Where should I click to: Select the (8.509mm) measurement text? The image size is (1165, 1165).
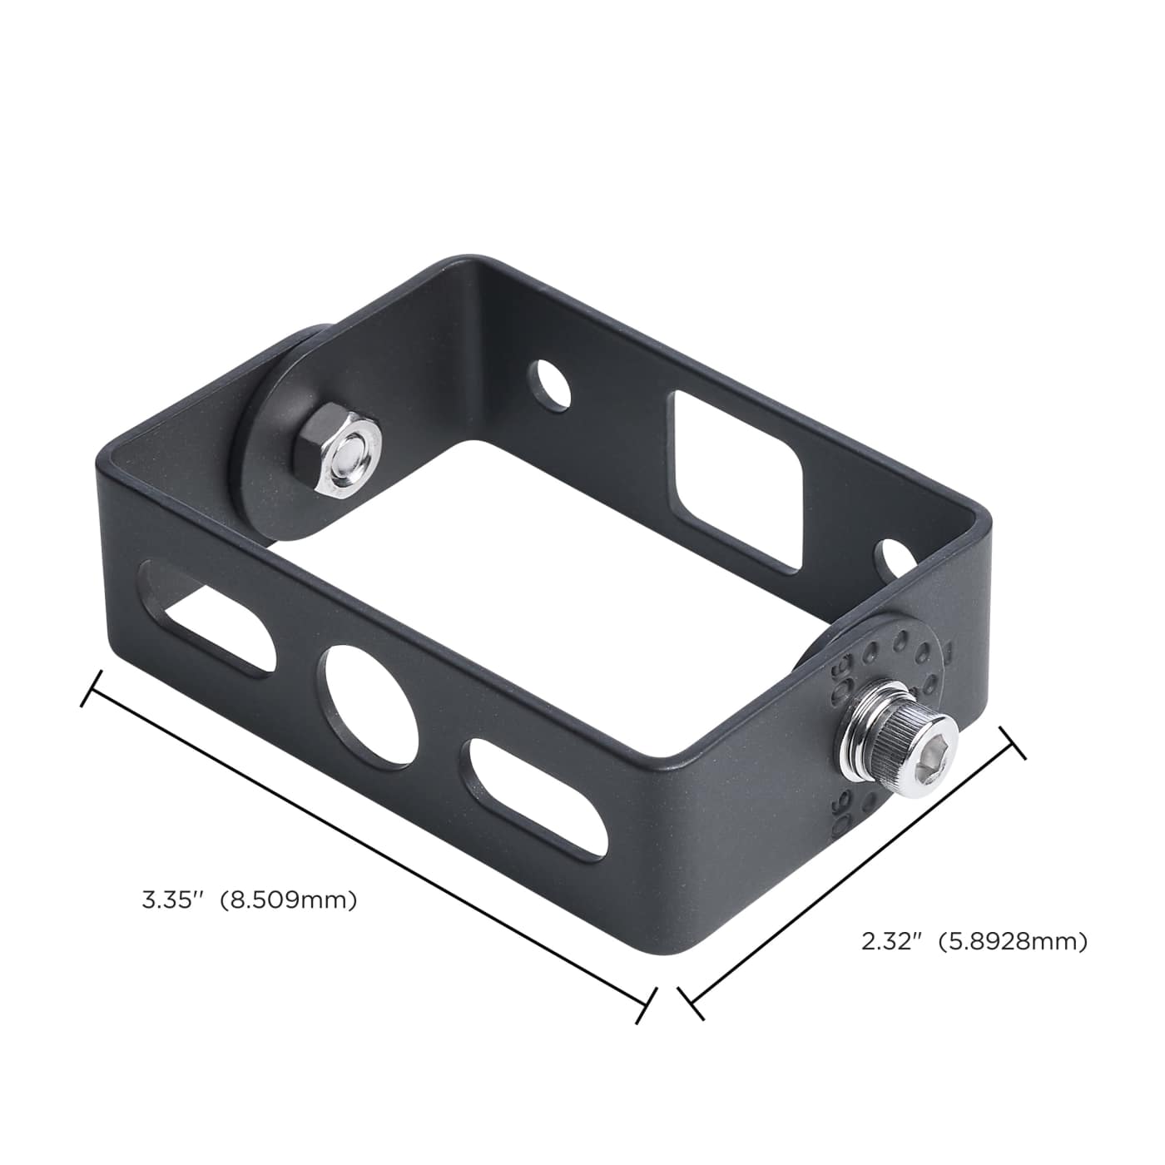288,900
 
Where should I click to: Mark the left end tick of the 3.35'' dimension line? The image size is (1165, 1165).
91,688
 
